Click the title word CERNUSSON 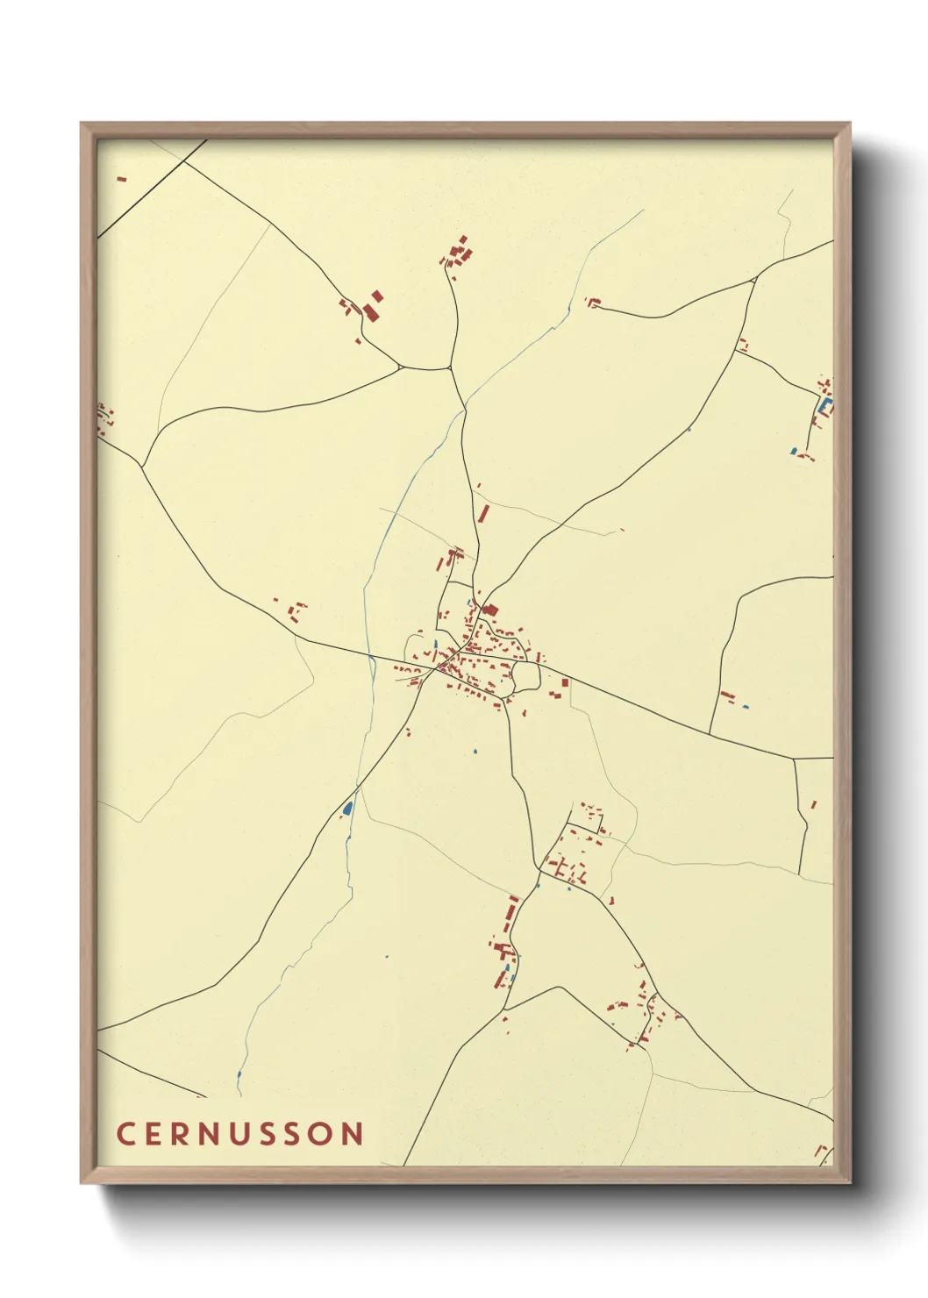pyautogui.click(x=239, y=1133)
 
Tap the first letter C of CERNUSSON pyautogui.click(x=125, y=1133)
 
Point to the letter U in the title pyautogui.click(x=239, y=1133)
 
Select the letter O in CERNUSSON pyautogui.click(x=321, y=1133)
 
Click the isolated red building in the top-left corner pyautogui.click(x=122, y=179)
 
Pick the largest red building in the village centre pyautogui.click(x=490, y=610)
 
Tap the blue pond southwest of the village pyautogui.click(x=347, y=808)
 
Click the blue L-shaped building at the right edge pyautogui.click(x=824, y=406)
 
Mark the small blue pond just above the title pyautogui.click(x=239, y=1073)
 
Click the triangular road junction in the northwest pyautogui.click(x=401, y=367)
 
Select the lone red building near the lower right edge pyautogui.click(x=813, y=804)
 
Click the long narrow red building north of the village pyautogui.click(x=482, y=512)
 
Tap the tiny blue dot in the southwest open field pyautogui.click(x=386, y=956)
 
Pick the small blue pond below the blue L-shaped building pyautogui.click(x=794, y=451)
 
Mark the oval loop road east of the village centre pyautogui.click(x=525, y=675)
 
